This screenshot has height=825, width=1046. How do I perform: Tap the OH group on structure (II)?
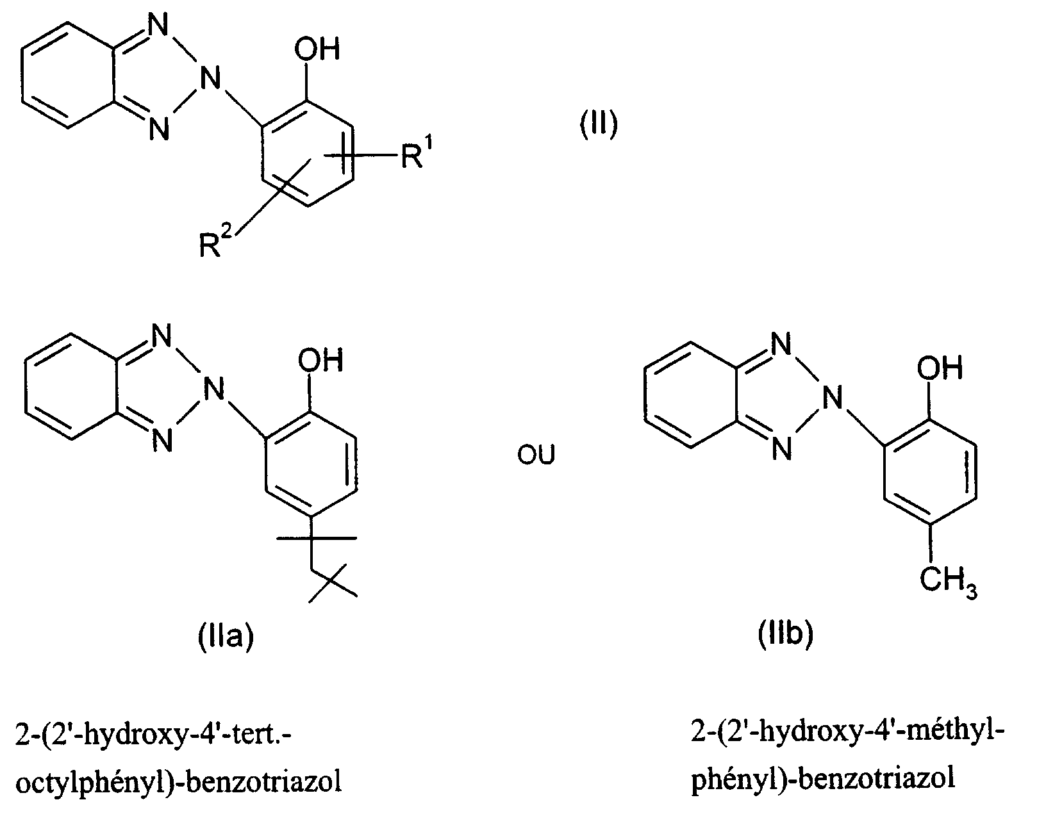pos(317,50)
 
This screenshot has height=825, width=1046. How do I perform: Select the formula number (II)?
pos(599,124)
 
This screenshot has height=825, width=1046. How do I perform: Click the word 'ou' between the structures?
pos(536,455)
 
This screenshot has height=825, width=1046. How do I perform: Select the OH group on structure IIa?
pos(321,360)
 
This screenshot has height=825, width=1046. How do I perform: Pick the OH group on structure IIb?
pos(940,368)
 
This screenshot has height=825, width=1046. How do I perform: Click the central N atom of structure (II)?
pos(210,79)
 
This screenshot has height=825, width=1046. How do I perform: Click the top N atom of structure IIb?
pos(781,345)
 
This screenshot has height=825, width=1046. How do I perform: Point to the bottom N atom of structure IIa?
pos(162,440)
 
